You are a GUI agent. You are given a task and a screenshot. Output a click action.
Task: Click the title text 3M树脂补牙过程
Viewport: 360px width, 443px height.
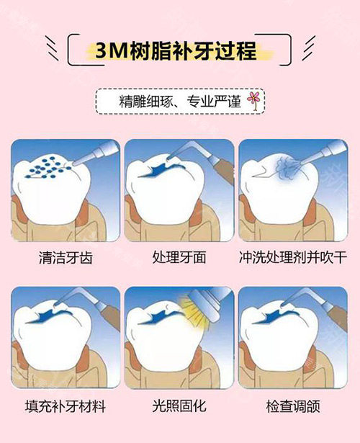click(x=179, y=51)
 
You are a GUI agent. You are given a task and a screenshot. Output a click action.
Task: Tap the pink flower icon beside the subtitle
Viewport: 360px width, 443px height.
click(x=253, y=100)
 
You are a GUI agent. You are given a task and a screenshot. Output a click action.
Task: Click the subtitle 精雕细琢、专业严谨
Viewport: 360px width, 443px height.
click(x=173, y=101)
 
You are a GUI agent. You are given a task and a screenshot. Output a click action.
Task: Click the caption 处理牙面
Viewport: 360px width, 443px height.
click(x=179, y=257)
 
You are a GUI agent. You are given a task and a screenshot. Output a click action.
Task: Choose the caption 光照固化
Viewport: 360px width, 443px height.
click(x=179, y=406)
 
